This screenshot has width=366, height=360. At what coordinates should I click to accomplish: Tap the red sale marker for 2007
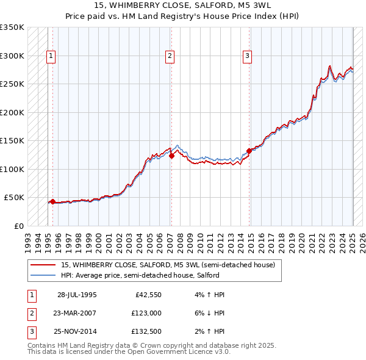coord(172,156)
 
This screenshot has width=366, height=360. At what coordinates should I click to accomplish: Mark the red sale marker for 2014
coord(249,150)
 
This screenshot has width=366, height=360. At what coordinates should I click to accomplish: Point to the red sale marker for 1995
coord(52,201)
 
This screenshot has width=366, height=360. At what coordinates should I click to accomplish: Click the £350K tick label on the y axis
coord(12,27)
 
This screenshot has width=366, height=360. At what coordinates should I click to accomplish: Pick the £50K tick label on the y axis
coord(15,198)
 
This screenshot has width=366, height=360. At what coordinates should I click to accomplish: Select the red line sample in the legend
coord(44,265)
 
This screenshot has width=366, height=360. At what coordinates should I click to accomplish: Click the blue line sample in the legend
coord(44,275)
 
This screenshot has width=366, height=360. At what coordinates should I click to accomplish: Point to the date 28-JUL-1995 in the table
coord(77,295)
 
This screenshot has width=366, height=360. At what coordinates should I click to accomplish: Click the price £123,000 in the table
coord(145,313)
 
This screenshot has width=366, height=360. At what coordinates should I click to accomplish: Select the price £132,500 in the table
coord(145,331)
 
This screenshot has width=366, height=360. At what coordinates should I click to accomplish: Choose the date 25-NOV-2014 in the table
coord(77,331)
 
